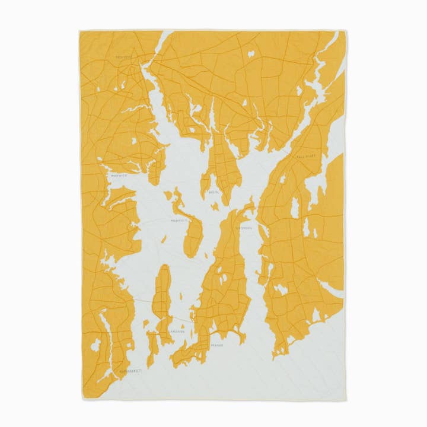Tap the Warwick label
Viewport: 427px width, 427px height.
click(119, 175)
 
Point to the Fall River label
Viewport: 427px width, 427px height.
click(307, 156)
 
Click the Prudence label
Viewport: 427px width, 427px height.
click(177, 219)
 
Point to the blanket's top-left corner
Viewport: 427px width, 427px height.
click(79, 31)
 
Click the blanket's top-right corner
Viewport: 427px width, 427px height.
click(346, 31)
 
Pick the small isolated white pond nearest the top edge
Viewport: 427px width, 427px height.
click(251, 54)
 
